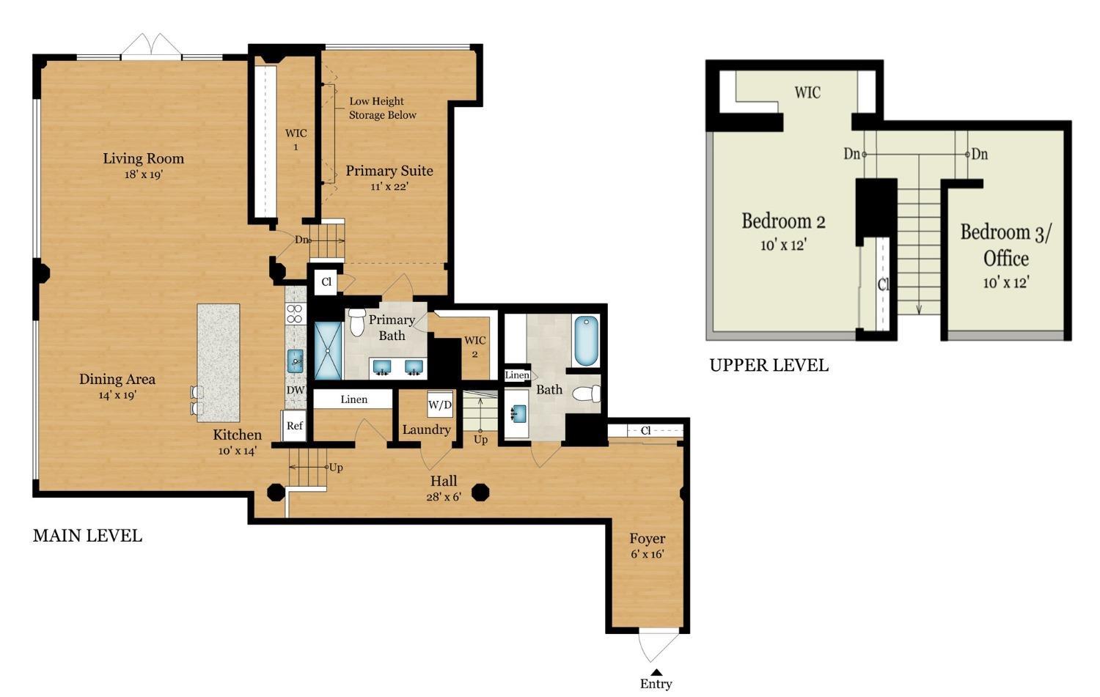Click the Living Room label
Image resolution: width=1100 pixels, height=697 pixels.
pos(144,158)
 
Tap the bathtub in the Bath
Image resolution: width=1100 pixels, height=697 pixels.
pos(586,341)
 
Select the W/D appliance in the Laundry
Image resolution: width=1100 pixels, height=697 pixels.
pos(439,405)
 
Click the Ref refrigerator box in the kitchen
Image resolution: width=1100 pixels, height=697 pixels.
pos(294,426)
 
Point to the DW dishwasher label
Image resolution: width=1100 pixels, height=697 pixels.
pos(295,390)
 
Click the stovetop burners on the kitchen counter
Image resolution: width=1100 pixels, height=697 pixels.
pos(295,314)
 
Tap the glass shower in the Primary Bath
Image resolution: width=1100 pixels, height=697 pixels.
pos(328,350)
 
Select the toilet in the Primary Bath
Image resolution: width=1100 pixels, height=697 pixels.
pos(356,321)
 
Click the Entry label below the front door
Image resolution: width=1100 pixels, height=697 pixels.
pos(656,684)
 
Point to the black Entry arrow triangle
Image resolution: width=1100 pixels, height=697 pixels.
pos(656,673)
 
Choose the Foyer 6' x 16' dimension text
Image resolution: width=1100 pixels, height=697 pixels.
pos(648,554)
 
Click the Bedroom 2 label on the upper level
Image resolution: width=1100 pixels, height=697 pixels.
pos(783,221)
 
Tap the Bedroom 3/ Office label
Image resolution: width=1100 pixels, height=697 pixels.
pos(1005,245)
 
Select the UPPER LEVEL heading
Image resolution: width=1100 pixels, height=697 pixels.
pos(769,365)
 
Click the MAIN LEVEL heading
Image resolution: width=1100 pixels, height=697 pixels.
pos(87,536)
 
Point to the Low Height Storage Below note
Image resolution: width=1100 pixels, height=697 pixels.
pos(382,108)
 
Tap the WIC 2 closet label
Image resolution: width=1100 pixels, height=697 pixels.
pos(475,347)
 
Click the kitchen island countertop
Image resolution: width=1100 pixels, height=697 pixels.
pos(219,363)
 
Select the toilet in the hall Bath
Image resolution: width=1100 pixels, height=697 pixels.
pos(587,394)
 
